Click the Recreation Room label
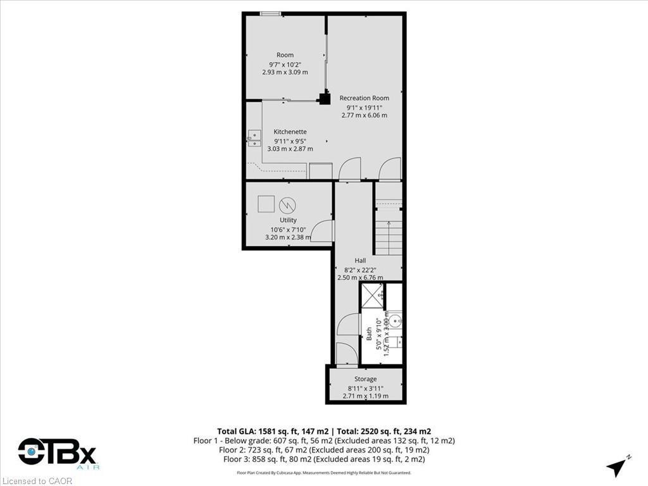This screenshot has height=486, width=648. click(364, 98)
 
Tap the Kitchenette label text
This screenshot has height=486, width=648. click(290, 132)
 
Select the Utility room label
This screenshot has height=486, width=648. click(288, 220)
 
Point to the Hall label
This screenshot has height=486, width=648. click(360, 260)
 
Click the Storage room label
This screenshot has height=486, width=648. click(365, 379)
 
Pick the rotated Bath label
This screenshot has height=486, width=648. click(369, 333)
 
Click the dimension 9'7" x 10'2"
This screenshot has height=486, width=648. click(285, 64)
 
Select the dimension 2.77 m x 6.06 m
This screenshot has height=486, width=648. click(364, 115)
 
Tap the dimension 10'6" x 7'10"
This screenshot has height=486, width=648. click(288, 229)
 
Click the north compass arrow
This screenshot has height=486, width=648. click(616, 466)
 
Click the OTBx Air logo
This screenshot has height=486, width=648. click(57, 453)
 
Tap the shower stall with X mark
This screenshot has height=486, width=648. click(372, 296)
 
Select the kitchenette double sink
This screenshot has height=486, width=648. click(254, 139)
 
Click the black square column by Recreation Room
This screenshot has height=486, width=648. click(325, 97)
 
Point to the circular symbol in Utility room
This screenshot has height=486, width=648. click(287, 205)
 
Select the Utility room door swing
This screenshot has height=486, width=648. click(323, 230)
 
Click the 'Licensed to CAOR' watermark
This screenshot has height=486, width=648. click(37, 481)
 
